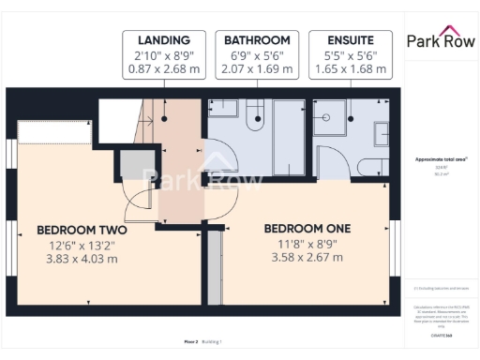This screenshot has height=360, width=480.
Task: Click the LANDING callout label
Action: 164,40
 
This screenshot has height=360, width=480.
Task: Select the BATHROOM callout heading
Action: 256,40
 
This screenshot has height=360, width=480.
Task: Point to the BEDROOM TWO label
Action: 82,230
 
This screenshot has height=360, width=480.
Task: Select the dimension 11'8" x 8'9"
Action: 307,244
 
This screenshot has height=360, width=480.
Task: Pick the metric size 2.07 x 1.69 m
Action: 256,69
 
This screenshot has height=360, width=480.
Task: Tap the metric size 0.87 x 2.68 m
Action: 164,69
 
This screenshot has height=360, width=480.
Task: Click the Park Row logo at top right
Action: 441,40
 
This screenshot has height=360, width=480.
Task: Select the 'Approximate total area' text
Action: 442,159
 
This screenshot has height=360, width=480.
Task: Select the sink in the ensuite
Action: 382,132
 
